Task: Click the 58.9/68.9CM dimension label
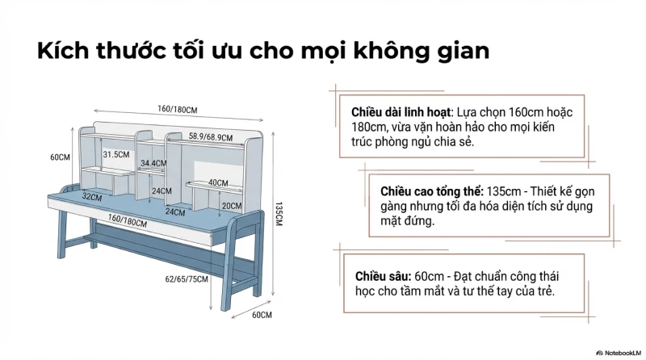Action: click(211, 137)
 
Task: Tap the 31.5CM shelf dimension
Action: click(116, 153)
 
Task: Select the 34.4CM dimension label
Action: click(153, 163)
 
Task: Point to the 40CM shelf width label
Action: click(218, 183)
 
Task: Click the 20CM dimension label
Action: click(231, 206)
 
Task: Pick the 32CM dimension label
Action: click(92, 196)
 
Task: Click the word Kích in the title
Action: click(61, 51)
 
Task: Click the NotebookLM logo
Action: click(618, 352)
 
